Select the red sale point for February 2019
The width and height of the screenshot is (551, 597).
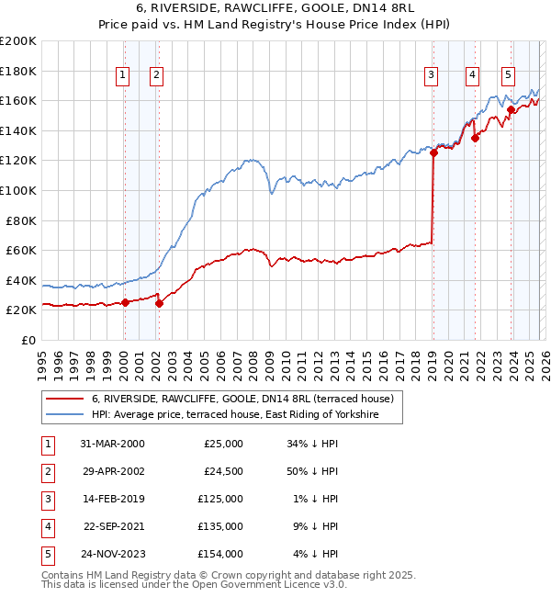tap(433, 153)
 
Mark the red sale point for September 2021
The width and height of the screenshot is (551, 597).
tap(476, 139)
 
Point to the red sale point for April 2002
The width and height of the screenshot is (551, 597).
tap(159, 303)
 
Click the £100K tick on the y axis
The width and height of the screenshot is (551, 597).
tap(18, 190)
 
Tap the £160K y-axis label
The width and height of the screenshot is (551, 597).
tap(18, 100)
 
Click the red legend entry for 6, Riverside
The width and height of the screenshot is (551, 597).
tap(242, 399)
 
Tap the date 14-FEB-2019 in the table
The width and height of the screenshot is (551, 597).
tap(112, 499)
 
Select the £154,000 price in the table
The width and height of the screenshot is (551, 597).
tap(220, 554)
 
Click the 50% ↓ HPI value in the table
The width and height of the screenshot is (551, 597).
tap(312, 471)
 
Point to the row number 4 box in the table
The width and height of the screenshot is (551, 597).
tap(45, 526)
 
